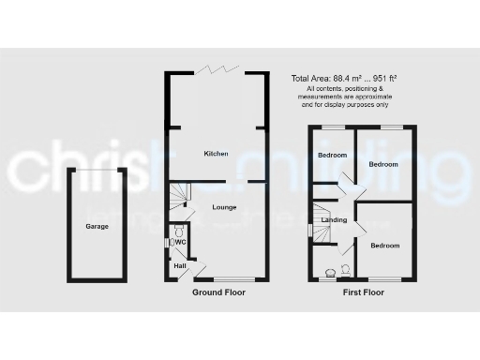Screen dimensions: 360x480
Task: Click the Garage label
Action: click(x=96, y=227)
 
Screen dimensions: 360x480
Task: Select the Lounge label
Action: click(x=223, y=206)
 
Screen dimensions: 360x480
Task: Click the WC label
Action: click(x=180, y=243)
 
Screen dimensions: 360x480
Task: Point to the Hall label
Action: click(x=179, y=266)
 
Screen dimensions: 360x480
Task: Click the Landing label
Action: click(x=334, y=220)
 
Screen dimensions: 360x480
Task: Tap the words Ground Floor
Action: click(x=218, y=292)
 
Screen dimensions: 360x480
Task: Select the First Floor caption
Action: click(x=363, y=292)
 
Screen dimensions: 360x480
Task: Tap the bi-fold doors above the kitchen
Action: click(x=217, y=72)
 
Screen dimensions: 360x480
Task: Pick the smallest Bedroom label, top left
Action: click(x=332, y=155)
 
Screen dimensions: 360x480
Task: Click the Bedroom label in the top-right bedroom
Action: click(x=382, y=164)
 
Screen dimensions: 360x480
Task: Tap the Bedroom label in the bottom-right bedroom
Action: click(x=384, y=246)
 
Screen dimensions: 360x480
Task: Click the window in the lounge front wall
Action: click(x=232, y=279)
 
